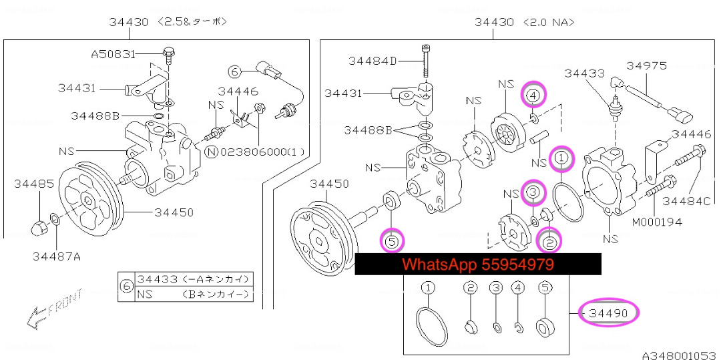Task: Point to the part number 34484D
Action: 373,61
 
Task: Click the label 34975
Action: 646,65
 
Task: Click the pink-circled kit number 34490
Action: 608,313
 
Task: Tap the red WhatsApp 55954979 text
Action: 477,264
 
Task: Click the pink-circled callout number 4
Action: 532,96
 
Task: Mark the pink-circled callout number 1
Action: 561,158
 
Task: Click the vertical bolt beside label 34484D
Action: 425,62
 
